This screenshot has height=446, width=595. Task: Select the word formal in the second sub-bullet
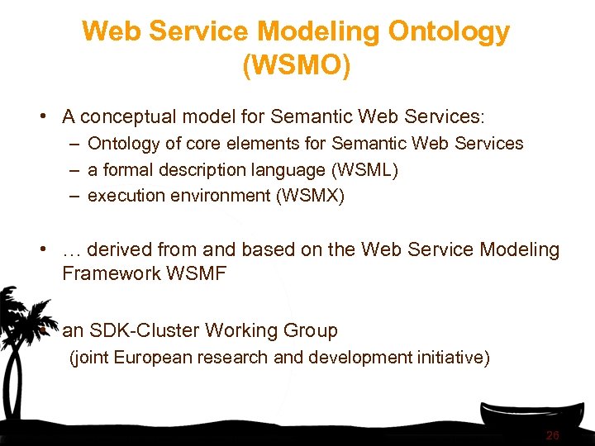pos(123,170)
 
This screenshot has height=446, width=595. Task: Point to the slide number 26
pos(553,435)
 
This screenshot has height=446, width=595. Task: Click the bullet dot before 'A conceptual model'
pos(41,116)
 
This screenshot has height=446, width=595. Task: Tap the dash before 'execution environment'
pos(74,197)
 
